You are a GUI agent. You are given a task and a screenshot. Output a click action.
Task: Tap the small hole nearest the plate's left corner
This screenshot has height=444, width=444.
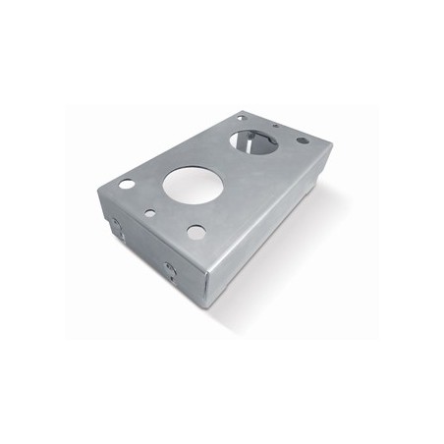point(126,184)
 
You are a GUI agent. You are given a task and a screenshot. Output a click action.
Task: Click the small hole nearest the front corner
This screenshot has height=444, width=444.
point(196,232)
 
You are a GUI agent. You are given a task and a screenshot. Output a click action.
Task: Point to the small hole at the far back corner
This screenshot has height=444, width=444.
point(241,117)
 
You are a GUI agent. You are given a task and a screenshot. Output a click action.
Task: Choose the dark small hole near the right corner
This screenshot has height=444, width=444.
point(302,140)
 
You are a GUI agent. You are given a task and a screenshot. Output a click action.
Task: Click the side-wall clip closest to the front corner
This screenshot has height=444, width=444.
point(170,269)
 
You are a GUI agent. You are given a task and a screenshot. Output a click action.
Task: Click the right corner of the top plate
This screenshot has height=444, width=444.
point(332,145)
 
